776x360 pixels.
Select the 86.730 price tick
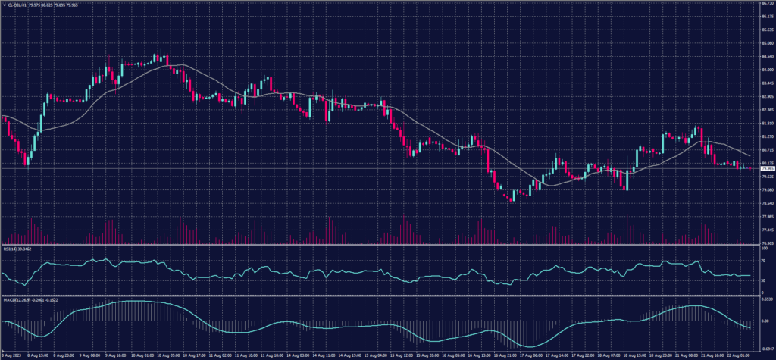click(x=765, y=3)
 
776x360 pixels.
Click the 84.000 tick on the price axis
click(x=765, y=70)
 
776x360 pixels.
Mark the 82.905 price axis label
click(x=765, y=96)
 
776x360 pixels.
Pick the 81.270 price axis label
click(x=765, y=136)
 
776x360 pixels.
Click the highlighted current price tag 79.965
click(x=765, y=168)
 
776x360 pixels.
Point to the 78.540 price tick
click(x=765, y=203)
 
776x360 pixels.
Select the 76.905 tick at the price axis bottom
click(x=765, y=243)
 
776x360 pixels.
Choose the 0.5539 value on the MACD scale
click(x=765, y=301)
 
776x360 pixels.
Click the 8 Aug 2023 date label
click(x=12, y=355)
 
